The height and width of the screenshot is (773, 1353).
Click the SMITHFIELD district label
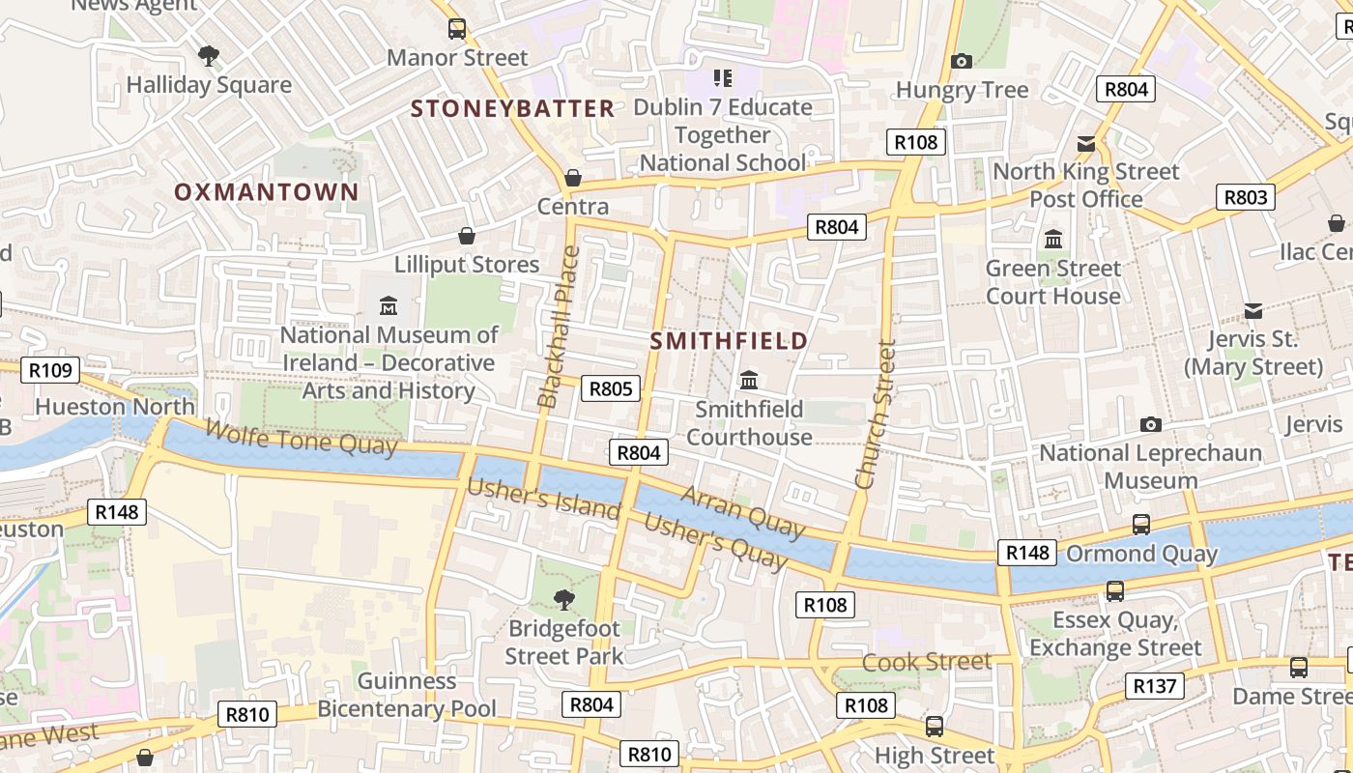(x=729, y=341)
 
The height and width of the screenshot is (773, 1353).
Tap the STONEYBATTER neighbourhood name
(x=512, y=108)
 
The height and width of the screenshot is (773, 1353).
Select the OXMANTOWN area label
(x=266, y=191)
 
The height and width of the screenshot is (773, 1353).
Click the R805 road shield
(x=611, y=389)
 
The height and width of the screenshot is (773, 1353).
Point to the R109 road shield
(x=50, y=370)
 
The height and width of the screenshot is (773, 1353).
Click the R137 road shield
(x=1154, y=686)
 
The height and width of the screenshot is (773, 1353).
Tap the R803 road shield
(x=1245, y=197)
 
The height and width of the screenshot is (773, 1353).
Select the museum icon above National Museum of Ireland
(x=389, y=306)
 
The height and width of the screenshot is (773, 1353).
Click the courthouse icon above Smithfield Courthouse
(x=749, y=380)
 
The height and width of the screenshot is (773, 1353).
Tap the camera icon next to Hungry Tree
(x=961, y=62)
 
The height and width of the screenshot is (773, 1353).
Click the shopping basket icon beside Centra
(x=573, y=178)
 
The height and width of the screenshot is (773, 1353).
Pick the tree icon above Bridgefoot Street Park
(x=564, y=600)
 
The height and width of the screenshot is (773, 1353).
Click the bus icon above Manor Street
(x=457, y=29)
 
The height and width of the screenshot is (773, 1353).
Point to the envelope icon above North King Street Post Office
(x=1086, y=144)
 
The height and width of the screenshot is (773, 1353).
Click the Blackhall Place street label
(x=559, y=327)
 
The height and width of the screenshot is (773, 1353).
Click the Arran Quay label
(x=742, y=512)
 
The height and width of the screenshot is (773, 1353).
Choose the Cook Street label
(x=927, y=662)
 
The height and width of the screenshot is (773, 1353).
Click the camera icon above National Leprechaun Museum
(x=1150, y=424)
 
